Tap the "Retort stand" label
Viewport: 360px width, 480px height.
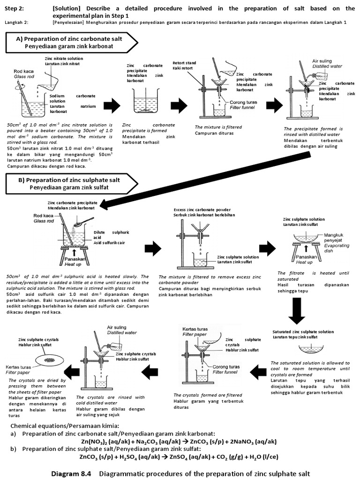[x=183, y=62]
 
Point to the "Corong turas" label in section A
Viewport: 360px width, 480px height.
[x=242, y=102]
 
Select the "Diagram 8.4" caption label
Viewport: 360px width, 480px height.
[x=73, y=473]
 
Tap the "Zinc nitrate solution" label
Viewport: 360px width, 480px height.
[x=64, y=59]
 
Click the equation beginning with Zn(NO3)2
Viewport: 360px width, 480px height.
[x=179, y=441]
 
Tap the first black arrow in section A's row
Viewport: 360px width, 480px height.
[x=111, y=106]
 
